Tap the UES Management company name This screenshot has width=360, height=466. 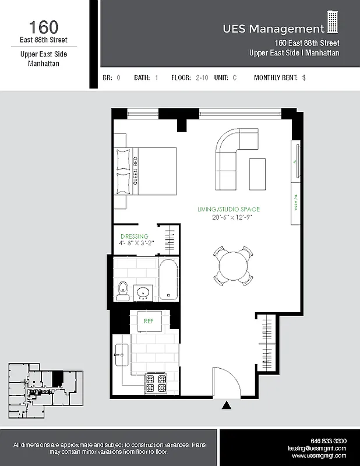coord(273,29)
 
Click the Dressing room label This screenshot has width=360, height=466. coord(134,236)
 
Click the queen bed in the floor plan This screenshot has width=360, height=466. coord(146,171)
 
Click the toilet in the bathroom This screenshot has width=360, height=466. coord(122,290)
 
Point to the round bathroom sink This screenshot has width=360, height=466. coord(143,291)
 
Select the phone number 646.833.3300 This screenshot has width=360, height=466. coord(329,440)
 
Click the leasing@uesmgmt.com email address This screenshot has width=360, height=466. coord(317,449)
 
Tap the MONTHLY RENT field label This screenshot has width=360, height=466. coord(276,77)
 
